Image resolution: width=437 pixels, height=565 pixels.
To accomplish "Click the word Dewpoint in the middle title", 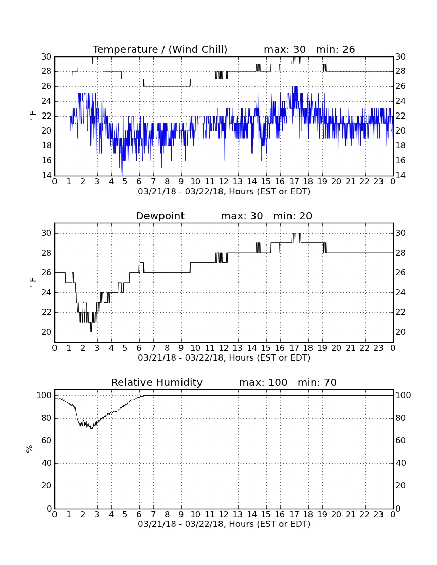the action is click(x=160, y=216).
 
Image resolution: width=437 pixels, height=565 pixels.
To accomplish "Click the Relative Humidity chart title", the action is click(x=157, y=382).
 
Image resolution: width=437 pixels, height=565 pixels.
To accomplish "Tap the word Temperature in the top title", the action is click(x=125, y=49).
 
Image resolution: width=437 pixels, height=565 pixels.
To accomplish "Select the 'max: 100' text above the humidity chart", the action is click(x=263, y=382).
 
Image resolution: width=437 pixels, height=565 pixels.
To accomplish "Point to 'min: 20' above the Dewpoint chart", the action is click(x=293, y=216).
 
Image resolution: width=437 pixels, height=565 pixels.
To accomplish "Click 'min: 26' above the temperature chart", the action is click(x=336, y=49).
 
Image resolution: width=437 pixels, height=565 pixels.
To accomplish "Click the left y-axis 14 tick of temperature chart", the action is click(x=46, y=176).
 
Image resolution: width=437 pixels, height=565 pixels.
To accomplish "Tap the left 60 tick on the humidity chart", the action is click(x=46, y=440).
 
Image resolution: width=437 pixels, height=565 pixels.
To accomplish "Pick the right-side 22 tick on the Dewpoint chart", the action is click(x=400, y=312).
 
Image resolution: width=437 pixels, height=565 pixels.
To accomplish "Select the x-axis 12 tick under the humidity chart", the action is click(x=224, y=514).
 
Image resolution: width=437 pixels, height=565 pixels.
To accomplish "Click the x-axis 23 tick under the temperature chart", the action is click(x=378, y=181).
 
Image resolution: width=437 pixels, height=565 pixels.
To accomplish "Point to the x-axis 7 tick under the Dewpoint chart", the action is click(x=153, y=348).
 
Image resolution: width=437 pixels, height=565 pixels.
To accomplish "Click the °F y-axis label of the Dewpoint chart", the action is click(x=32, y=282).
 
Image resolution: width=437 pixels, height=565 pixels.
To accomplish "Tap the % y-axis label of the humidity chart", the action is click(x=30, y=448).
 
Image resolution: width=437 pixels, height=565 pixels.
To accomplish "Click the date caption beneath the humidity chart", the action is click(x=224, y=524).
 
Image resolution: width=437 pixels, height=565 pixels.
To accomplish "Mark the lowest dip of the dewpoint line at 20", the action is click(x=90, y=331).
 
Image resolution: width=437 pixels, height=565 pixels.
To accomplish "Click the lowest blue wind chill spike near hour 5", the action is click(x=122, y=175).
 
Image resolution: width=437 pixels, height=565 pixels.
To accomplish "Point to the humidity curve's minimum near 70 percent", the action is click(x=91, y=428).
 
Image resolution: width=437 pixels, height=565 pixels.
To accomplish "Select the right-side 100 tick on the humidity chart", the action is click(x=403, y=395).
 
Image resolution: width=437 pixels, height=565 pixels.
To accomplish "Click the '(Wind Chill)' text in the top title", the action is click(x=197, y=49).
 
